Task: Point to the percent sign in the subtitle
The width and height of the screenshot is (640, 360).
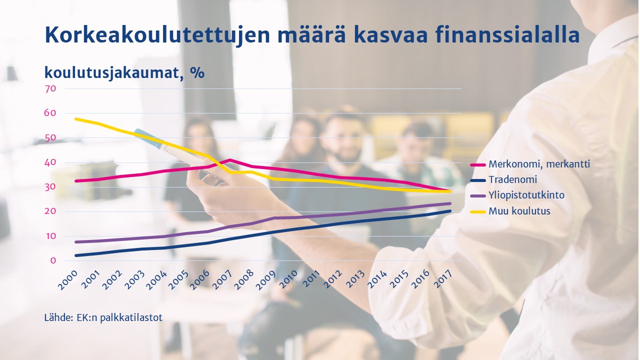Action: [197, 72]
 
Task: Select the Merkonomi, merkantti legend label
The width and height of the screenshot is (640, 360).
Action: [539, 164]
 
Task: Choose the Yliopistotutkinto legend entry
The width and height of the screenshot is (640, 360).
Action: [526, 195]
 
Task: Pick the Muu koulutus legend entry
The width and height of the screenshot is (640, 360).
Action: [519, 211]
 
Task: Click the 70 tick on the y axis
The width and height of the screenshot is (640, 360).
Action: [50, 89]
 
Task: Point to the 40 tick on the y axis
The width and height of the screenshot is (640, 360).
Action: [50, 162]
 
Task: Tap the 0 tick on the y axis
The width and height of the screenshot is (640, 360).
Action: [53, 260]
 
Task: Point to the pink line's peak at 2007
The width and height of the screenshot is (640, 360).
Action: [230, 160]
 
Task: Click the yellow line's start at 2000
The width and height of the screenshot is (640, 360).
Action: [75, 119]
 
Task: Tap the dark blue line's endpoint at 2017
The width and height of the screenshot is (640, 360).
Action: [450, 211]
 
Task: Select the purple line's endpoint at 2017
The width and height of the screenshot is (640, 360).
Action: [450, 203]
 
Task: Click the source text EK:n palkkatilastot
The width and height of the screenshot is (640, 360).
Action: [119, 317]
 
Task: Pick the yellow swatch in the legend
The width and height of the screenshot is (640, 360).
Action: [477, 211]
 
